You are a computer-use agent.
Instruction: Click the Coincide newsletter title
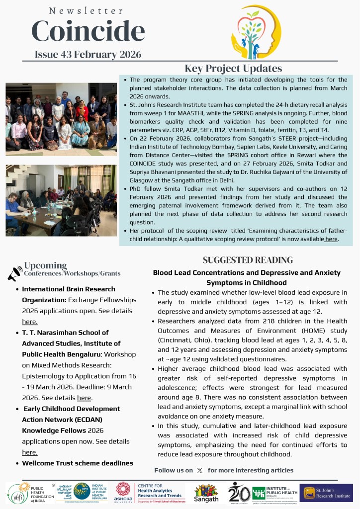point(88,31)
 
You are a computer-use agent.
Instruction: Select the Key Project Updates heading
point(233,69)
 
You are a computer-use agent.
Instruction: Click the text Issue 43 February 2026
point(88,54)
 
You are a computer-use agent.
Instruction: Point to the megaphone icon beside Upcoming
point(14,273)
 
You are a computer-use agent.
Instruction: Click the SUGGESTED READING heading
point(248,260)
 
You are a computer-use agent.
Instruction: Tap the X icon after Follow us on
point(200,470)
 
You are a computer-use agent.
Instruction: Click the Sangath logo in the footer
point(206,493)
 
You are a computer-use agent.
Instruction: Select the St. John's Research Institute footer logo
point(326,493)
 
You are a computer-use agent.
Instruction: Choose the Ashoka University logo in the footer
point(124,492)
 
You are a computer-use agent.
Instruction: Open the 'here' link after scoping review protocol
point(332,239)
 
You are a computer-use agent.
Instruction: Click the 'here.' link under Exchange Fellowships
point(30,322)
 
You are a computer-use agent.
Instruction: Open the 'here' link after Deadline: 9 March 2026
point(84,398)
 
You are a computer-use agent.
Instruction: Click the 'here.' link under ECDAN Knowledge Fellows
point(30,452)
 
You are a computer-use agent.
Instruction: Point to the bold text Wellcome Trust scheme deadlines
point(77,463)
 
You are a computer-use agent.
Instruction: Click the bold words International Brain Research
point(68,289)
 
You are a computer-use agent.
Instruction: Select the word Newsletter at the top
point(87,10)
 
